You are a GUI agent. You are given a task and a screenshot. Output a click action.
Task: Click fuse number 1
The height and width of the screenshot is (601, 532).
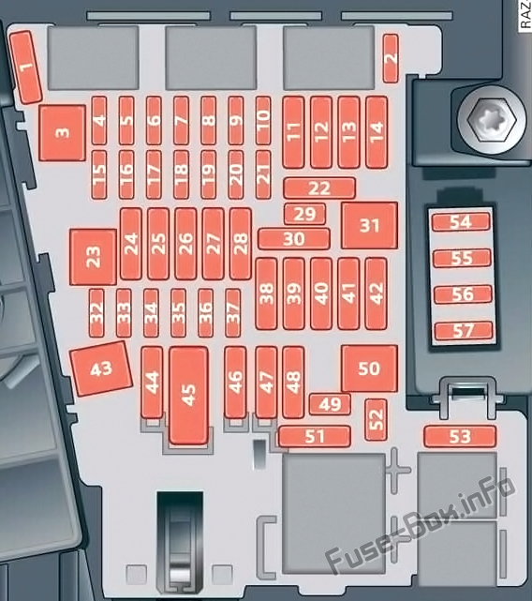click(x=25, y=68)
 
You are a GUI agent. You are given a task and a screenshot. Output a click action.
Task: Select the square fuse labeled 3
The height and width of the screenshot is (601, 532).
click(x=63, y=132)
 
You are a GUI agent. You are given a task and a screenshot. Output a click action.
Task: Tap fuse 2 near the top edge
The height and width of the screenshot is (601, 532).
click(x=391, y=58)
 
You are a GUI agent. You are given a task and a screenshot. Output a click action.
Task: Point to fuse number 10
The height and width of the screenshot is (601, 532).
click(x=263, y=121)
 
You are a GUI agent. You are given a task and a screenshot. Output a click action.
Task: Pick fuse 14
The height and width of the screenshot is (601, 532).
click(x=377, y=132)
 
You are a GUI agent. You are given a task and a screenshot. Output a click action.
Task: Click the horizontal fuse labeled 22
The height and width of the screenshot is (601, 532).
click(x=319, y=188)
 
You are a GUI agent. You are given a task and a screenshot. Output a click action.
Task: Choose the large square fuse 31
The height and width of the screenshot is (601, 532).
click(x=370, y=225)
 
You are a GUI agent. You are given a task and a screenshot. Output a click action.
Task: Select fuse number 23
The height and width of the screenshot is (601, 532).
click(x=93, y=257)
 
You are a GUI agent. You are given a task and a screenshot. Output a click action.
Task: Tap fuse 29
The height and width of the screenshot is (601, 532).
click(x=305, y=215)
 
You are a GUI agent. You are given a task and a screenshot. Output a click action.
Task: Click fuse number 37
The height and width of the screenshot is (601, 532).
click(x=233, y=313)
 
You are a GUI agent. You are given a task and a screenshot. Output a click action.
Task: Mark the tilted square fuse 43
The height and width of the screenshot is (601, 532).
click(x=101, y=368)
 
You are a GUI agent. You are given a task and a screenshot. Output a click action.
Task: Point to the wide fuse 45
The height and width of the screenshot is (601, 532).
click(x=189, y=396)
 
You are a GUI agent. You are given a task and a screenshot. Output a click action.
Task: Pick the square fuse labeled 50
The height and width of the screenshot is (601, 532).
click(x=370, y=368)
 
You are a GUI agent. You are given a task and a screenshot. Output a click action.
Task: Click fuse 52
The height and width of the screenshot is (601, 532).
click(x=377, y=419)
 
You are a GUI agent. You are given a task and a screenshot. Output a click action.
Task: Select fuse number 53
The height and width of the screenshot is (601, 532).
click(x=460, y=436)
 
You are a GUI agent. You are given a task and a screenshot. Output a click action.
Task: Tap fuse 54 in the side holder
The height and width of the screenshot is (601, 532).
click(x=461, y=222)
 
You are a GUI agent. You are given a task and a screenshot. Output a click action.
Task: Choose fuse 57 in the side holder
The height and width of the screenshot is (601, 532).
click(x=464, y=331)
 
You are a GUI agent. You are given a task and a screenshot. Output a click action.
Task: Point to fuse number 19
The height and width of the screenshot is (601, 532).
click(x=208, y=174)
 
